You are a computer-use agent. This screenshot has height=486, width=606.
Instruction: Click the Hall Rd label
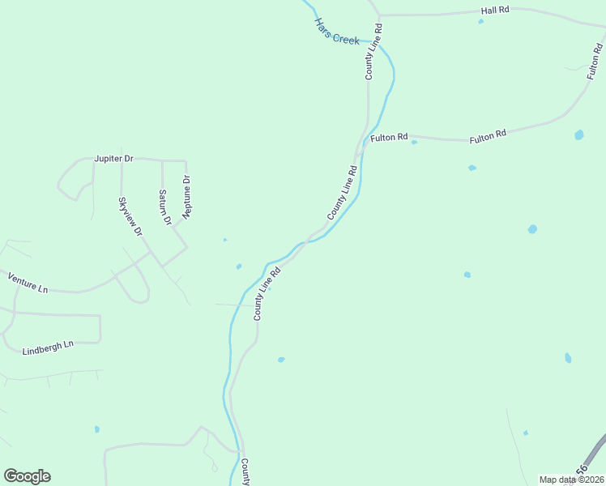[494, 10]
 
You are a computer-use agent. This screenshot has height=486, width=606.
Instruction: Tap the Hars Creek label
[336, 32]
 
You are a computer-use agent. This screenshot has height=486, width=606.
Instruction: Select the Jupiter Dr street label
[113, 159]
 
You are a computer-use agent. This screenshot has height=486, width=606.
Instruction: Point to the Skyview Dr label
[130, 216]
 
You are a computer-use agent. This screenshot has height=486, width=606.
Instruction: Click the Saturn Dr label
[164, 207]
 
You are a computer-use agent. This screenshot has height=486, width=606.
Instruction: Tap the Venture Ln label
[28, 282]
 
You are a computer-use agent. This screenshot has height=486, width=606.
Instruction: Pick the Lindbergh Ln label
[48, 348]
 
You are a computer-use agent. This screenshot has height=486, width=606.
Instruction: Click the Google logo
[27, 476]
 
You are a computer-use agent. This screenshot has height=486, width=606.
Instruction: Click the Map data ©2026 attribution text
[571, 480]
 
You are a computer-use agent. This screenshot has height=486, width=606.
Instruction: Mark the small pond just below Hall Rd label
[481, 21]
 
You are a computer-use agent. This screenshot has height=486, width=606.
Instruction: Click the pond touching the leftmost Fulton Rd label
[414, 143]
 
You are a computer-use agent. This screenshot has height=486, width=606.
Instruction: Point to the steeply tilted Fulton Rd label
[595, 60]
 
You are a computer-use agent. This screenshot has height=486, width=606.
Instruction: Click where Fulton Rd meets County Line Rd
[359, 138]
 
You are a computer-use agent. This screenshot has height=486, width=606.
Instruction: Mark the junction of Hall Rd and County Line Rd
[379, 15]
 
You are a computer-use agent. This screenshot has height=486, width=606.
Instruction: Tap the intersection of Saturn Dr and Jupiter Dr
[162, 160]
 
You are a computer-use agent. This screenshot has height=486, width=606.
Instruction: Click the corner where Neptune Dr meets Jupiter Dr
[186, 161]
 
